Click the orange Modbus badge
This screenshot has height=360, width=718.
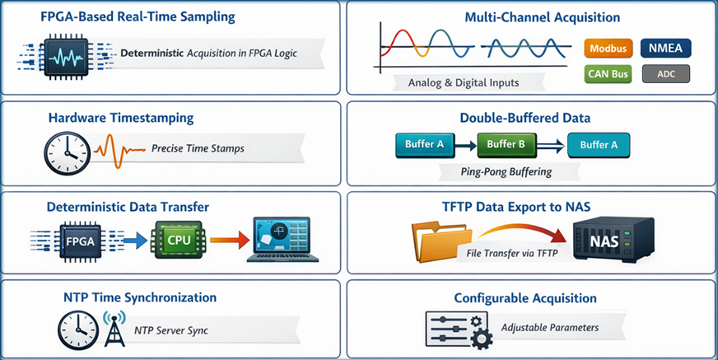point(609,49)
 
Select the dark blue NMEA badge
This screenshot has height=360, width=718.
point(665,49)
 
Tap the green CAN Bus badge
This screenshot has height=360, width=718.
point(609,75)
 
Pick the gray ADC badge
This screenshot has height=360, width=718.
point(665,75)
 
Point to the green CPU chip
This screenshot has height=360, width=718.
point(176,240)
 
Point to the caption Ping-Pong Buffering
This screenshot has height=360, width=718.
point(506,172)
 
